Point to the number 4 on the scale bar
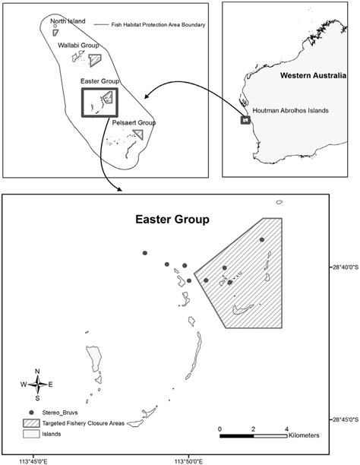point(287,429)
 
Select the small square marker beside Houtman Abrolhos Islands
point(245,119)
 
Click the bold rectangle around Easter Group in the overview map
point(99,100)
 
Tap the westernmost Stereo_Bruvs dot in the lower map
point(144,254)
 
